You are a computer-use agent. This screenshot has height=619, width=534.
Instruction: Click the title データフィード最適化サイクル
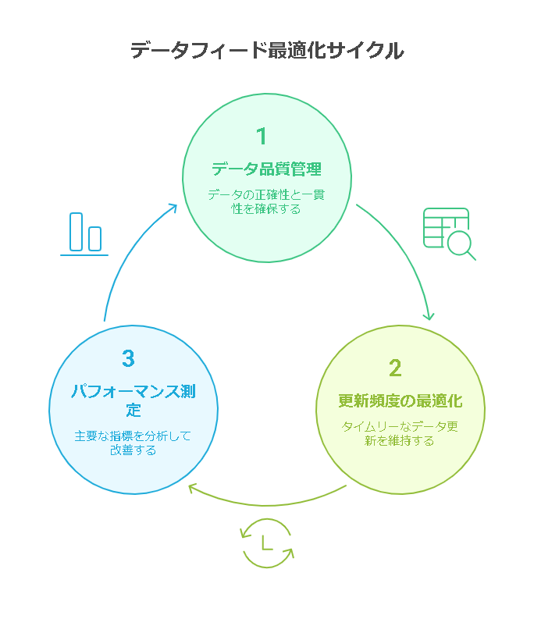266,52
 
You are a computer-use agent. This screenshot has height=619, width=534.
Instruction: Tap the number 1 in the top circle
262,137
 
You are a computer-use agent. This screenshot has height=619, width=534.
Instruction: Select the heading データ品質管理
267,169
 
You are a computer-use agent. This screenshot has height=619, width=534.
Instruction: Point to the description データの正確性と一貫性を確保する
266,201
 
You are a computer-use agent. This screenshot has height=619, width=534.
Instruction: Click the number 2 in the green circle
395,368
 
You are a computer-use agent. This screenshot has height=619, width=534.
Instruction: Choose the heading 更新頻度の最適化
400,401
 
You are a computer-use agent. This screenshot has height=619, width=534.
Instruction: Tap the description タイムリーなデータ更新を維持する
400,433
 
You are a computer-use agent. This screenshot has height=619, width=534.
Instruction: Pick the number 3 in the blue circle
129,359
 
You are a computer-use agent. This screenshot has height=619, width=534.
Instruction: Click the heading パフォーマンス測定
133,400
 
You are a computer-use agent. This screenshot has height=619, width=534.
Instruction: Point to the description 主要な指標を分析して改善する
133,443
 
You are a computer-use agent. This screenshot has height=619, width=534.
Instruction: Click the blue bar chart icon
84,233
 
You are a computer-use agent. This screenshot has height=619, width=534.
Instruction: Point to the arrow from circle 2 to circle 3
265,501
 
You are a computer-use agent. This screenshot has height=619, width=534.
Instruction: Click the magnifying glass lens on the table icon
458,242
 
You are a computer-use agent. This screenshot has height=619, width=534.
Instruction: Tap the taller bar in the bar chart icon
77,231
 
